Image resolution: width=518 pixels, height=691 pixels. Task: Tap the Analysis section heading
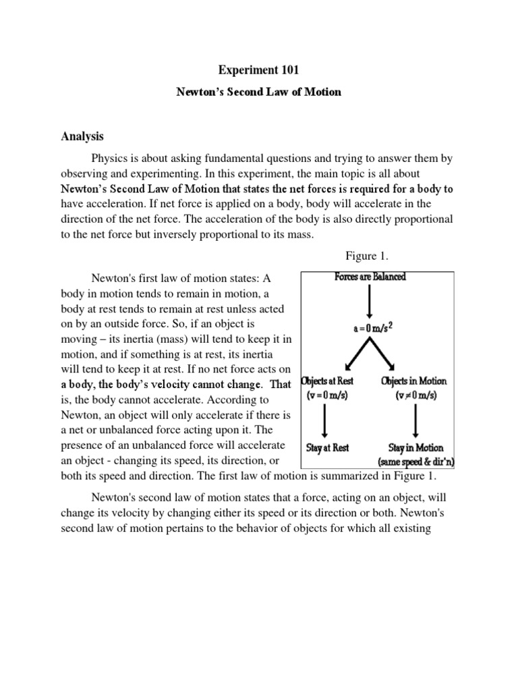[x=82, y=136]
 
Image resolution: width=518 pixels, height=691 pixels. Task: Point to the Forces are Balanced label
[x=370, y=277]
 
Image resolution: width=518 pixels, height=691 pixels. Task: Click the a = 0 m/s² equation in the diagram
[x=370, y=329]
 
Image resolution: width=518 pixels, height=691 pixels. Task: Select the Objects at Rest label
[x=328, y=381]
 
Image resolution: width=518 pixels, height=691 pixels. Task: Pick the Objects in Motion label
[x=413, y=381]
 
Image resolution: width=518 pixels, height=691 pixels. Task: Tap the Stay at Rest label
[x=327, y=447]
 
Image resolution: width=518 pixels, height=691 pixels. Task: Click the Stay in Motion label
[x=415, y=447]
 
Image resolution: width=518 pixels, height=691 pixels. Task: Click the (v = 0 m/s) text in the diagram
[x=328, y=395]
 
